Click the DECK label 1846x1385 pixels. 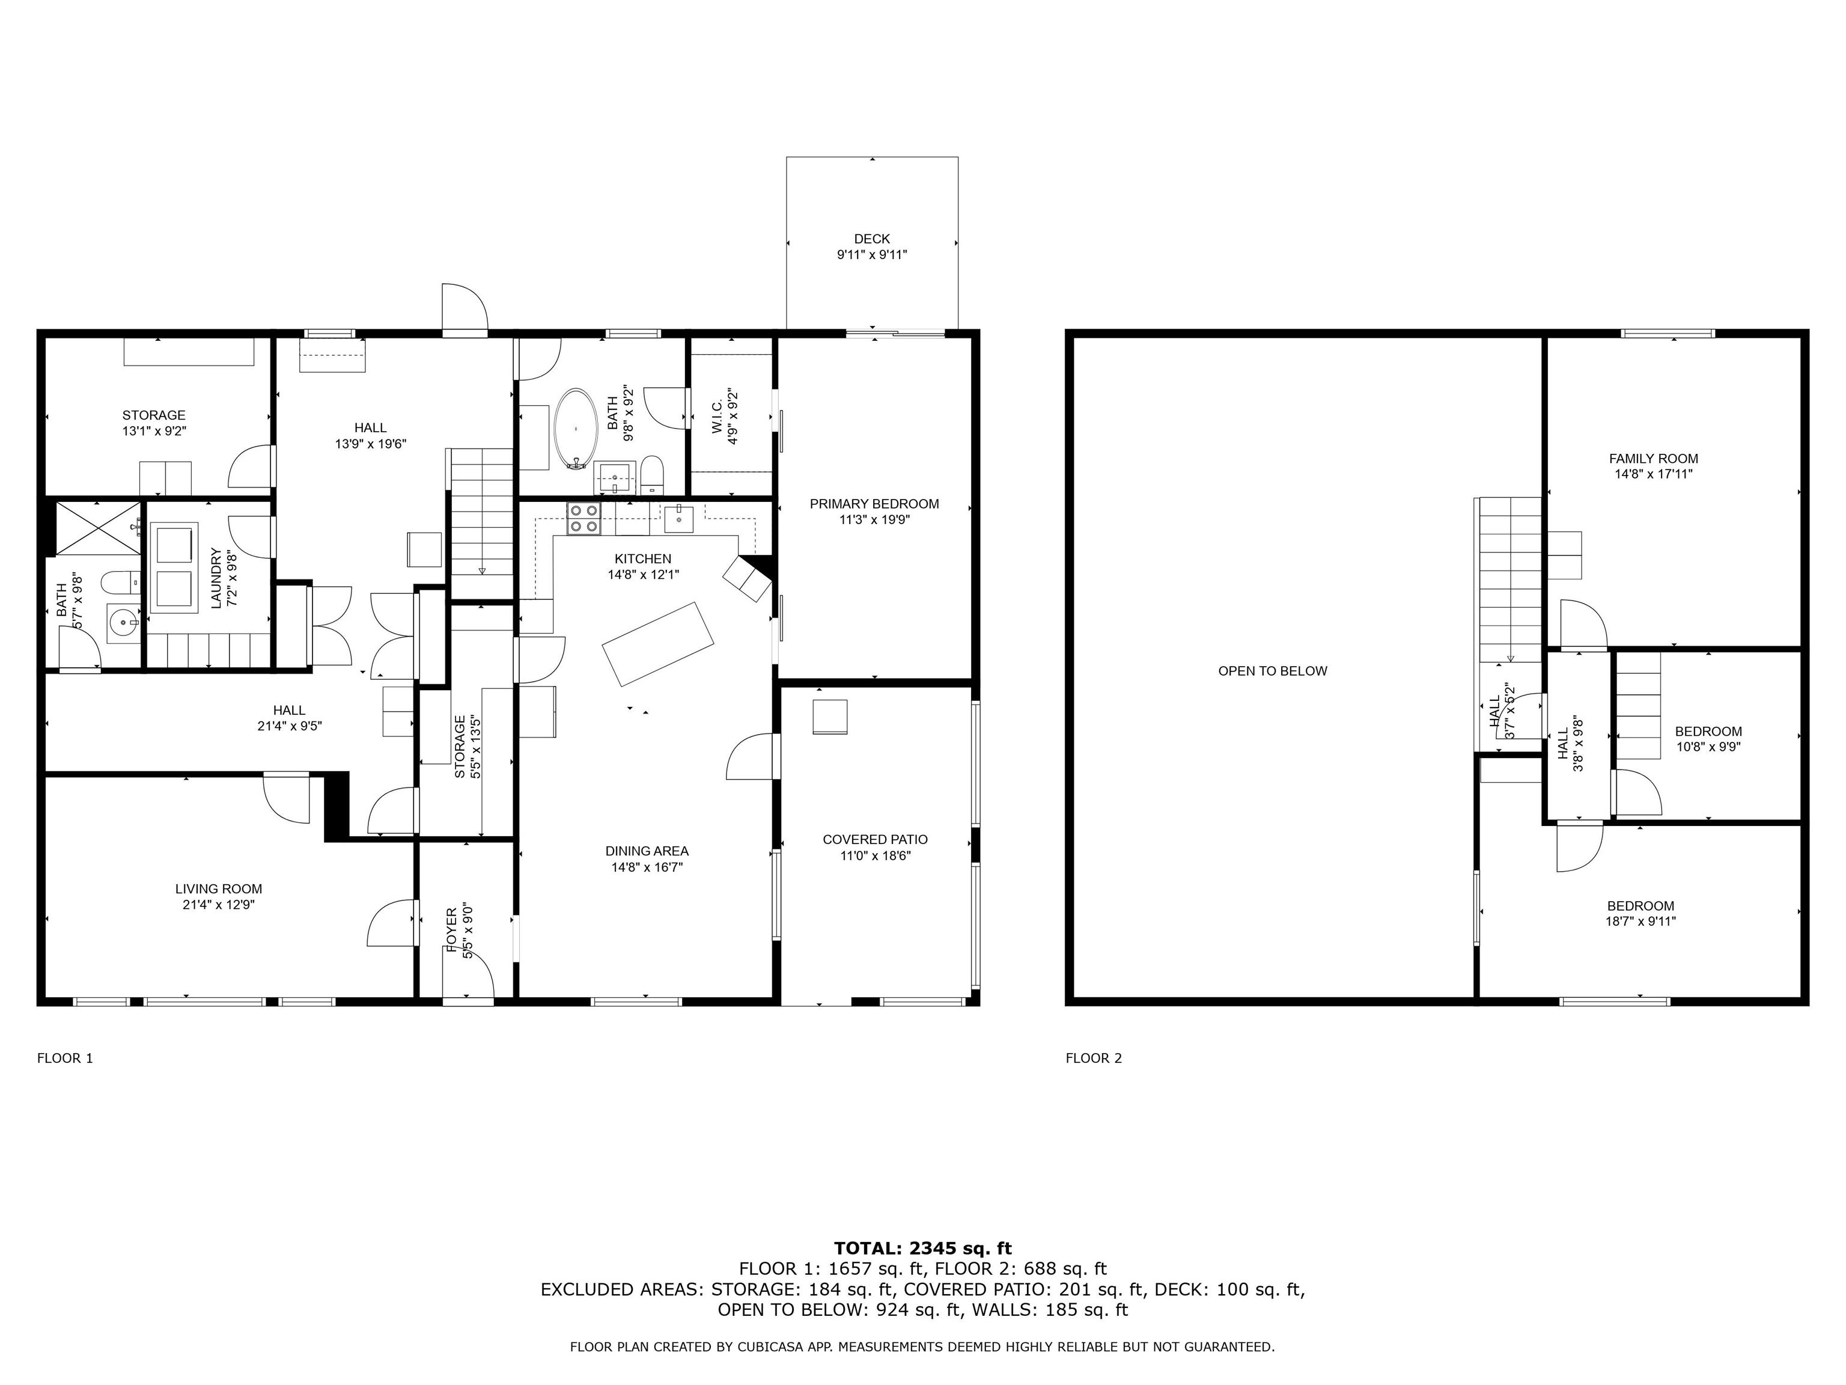871,239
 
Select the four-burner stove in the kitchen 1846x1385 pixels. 583,518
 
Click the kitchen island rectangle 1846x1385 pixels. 657,644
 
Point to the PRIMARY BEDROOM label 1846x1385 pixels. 874,503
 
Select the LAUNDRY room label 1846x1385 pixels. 216,578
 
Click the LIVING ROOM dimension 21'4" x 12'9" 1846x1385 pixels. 219,904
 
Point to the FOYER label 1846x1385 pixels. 451,930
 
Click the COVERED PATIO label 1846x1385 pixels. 874,839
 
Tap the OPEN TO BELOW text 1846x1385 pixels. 1272,670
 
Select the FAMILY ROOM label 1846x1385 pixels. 1653,458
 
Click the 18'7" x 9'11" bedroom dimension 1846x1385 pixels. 1640,922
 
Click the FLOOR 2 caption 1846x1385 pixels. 1093,1058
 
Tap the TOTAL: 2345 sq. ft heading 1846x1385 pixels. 922,1248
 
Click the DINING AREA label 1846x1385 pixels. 646,851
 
